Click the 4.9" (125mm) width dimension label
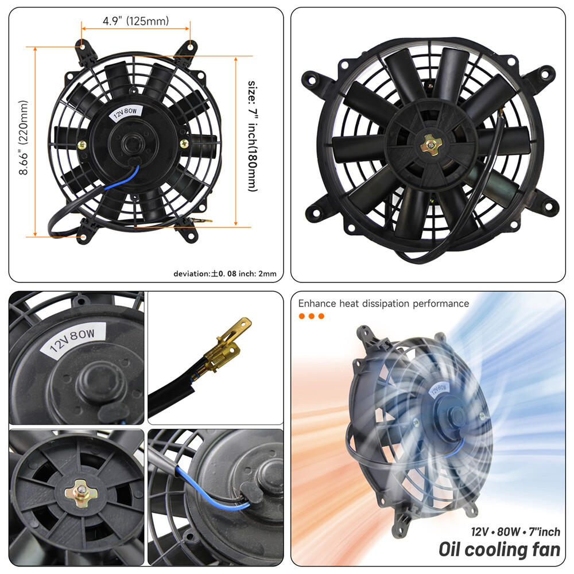click(x=135, y=22)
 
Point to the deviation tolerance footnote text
click(x=225, y=274)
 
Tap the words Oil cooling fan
click(x=499, y=549)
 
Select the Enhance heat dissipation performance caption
click(x=383, y=304)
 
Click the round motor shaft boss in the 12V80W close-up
click(x=94, y=381)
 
